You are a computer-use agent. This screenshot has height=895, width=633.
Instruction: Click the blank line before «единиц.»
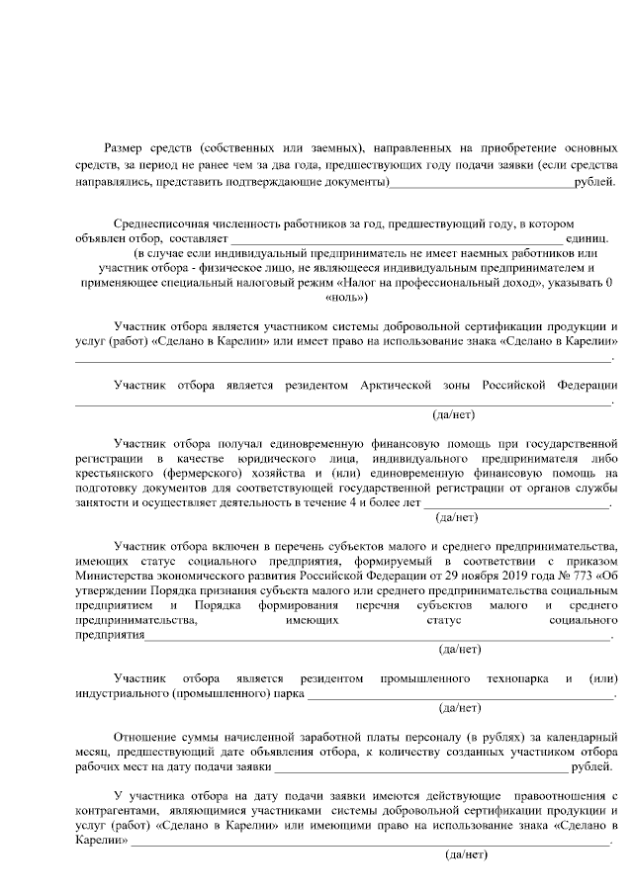click(396, 240)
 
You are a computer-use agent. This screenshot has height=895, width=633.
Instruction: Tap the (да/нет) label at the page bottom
click(466, 852)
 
